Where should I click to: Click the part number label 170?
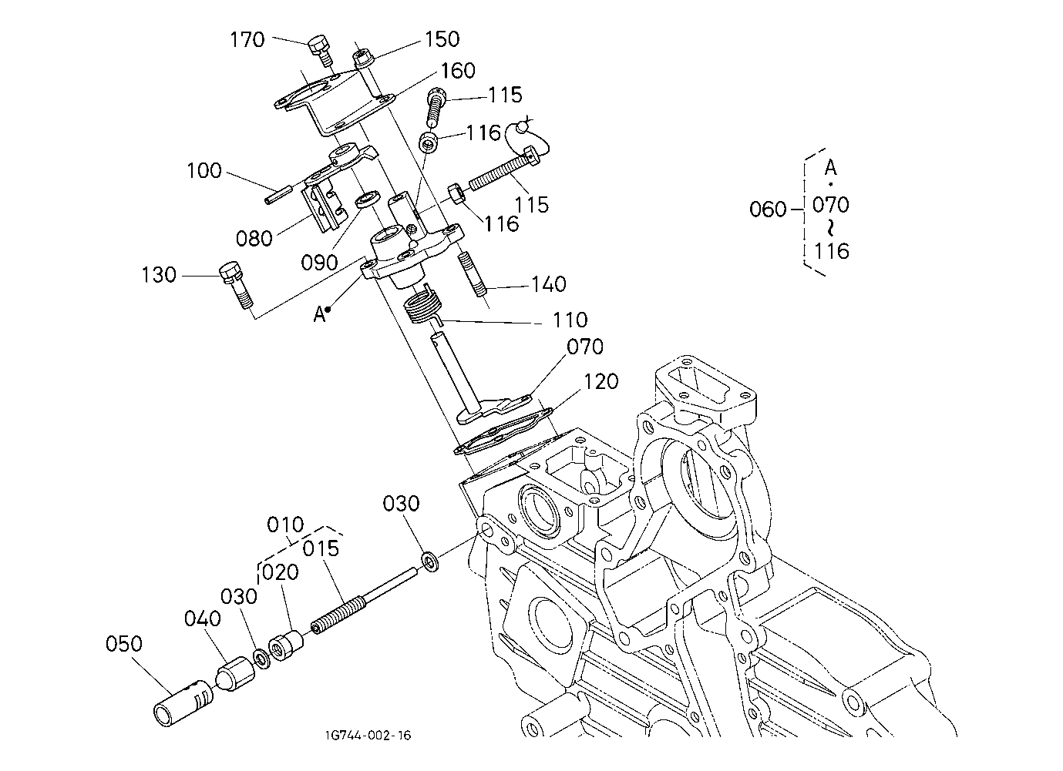tap(247, 40)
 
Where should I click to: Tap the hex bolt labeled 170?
tap(321, 51)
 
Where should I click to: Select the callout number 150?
tap(442, 39)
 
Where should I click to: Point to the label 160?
tap(458, 71)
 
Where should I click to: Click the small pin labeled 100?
tap(278, 195)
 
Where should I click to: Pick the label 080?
tap(254, 238)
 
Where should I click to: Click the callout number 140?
tap(548, 284)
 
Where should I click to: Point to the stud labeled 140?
tap(473, 275)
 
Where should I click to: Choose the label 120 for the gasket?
tap(600, 381)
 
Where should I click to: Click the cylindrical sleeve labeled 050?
tap(183, 703)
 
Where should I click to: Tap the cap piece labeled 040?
tap(236, 673)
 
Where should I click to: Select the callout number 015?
tap(321, 548)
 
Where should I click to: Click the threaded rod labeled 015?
tap(365, 601)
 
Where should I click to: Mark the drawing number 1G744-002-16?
tap(368, 736)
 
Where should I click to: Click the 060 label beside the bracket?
tap(768, 209)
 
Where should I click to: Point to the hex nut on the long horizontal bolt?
tap(457, 193)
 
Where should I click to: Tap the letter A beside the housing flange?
tap(319, 314)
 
